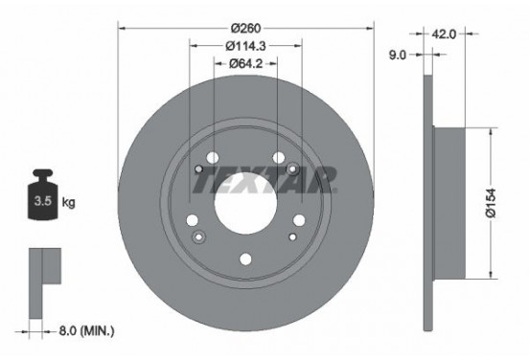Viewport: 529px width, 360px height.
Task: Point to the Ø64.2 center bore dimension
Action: pyautogui.click(x=246, y=63)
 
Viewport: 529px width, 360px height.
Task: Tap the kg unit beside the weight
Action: pyautogui.click(x=68, y=203)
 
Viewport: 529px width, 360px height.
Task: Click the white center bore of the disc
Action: pyautogui.click(x=245, y=201)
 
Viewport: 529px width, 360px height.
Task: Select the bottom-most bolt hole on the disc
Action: pyautogui.click(x=245, y=257)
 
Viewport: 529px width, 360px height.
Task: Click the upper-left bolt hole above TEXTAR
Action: pyautogui.click(x=213, y=158)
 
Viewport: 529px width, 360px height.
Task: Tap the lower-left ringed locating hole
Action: pyautogui.click(x=198, y=236)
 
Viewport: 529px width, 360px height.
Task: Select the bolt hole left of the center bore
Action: pyautogui.click(x=196, y=171)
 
